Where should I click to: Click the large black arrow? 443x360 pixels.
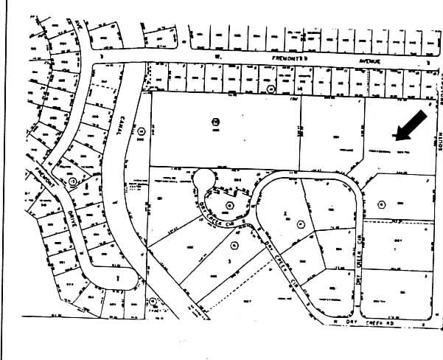click(x=411, y=125)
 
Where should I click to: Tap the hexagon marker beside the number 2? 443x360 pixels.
click(x=301, y=223)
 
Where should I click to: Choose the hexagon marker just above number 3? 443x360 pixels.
click(x=234, y=246)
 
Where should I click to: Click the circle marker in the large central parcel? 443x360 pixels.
click(x=216, y=122)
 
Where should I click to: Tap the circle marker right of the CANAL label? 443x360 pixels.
click(x=140, y=131)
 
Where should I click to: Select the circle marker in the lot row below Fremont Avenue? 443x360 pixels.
click(x=271, y=89)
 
